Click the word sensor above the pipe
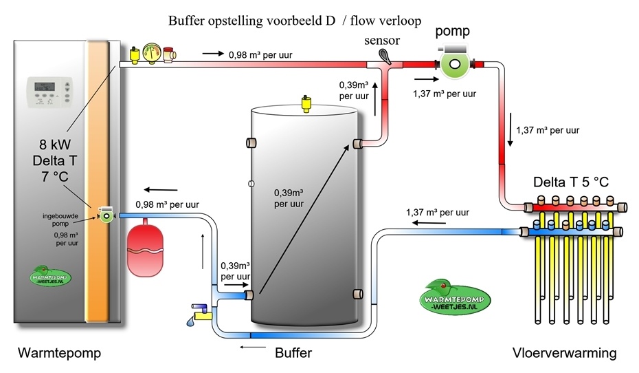382,41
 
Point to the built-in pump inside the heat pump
106,215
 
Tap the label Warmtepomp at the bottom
59,354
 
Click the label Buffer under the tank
293,354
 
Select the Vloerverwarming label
565,354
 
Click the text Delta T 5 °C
572,183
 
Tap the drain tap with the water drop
200,315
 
